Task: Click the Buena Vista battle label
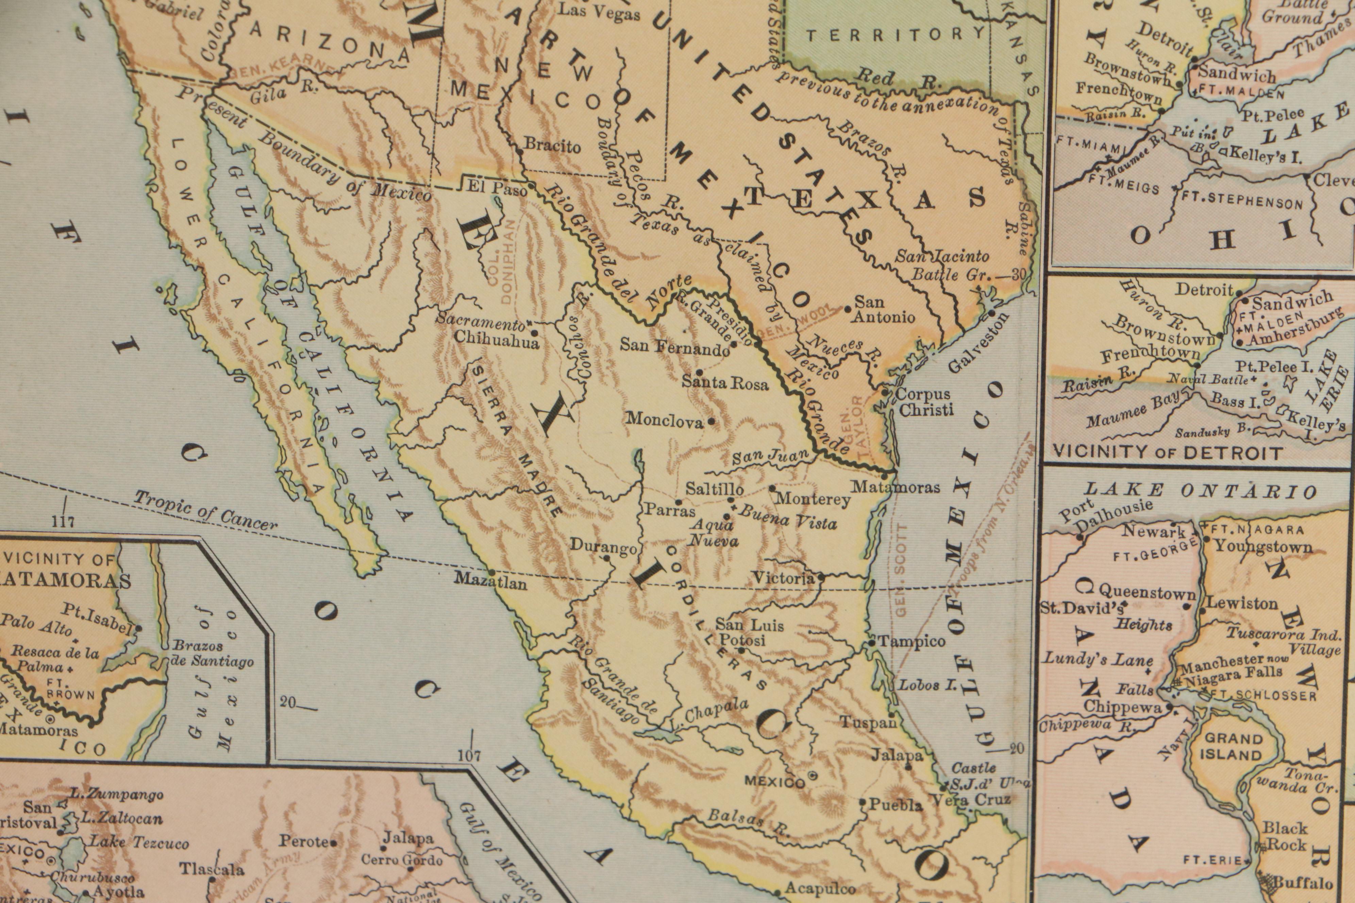point(788,516)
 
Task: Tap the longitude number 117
point(63,522)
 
